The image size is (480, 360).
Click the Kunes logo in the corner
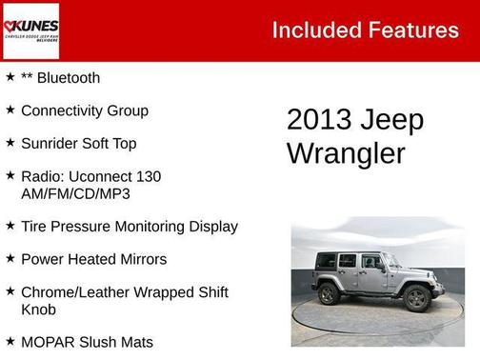pyautogui.click(x=31, y=30)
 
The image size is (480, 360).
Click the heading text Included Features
pyautogui.click(x=365, y=30)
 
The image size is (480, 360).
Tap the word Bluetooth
pyautogui.click(x=69, y=78)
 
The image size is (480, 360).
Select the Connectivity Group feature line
pyautogui.click(x=84, y=110)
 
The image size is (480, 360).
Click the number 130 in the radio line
pyautogui.click(x=148, y=176)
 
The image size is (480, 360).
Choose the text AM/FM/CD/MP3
pyautogui.click(x=75, y=193)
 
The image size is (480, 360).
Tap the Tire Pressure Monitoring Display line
pyautogui.click(x=129, y=227)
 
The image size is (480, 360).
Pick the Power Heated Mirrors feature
pyautogui.click(x=93, y=259)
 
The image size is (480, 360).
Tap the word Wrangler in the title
pyautogui.click(x=346, y=152)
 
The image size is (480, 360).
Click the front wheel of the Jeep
pyautogui.click(x=416, y=298)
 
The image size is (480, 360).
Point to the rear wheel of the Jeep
pyautogui.click(x=330, y=294)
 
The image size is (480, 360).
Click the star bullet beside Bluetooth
pyautogui.click(x=10, y=77)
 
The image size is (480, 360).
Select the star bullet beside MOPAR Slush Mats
pyautogui.click(x=10, y=341)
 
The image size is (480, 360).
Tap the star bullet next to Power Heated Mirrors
pyautogui.click(x=10, y=258)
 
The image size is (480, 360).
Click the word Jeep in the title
pyautogui.click(x=391, y=121)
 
